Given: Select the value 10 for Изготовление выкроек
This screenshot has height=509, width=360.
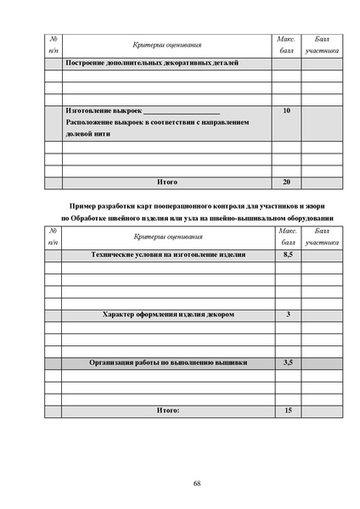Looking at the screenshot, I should pos(286,111).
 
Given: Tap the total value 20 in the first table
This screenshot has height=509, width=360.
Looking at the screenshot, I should pos(286,182).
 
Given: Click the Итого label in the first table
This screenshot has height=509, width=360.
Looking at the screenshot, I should pos(167,182).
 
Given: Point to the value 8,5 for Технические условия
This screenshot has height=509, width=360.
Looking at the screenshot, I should pos(287,255).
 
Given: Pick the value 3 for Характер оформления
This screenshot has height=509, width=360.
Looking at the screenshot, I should pos(288,315).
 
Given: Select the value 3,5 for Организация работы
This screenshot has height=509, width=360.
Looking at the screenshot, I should pos(287,362).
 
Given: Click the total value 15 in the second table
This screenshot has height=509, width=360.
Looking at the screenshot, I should pos(287,411).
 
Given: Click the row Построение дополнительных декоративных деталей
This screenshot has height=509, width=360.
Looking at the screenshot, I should pos(152,63).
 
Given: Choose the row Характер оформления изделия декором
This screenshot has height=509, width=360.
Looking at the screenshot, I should pos(167,315).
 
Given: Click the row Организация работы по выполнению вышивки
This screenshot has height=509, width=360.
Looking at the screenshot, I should pos(168,362).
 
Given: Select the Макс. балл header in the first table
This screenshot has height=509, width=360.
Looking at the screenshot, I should pos(287,44).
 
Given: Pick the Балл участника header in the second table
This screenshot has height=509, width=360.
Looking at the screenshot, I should pos(322,237).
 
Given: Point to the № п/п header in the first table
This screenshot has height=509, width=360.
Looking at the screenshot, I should pos(53,44).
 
